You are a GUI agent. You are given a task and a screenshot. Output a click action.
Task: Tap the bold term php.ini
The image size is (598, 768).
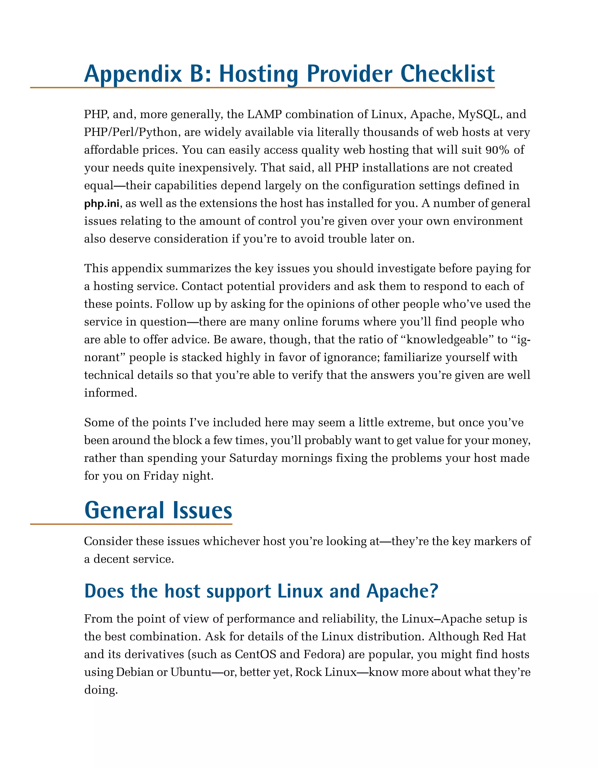pos(101,204)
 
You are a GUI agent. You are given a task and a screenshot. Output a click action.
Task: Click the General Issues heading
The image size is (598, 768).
pos(158,511)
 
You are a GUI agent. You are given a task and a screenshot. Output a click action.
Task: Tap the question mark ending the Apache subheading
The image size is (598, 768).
pos(434,591)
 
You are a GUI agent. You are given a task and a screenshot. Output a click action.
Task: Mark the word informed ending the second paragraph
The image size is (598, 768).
pos(110,393)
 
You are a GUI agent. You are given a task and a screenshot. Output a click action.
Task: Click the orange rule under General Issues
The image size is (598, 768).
pos(131,524)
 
